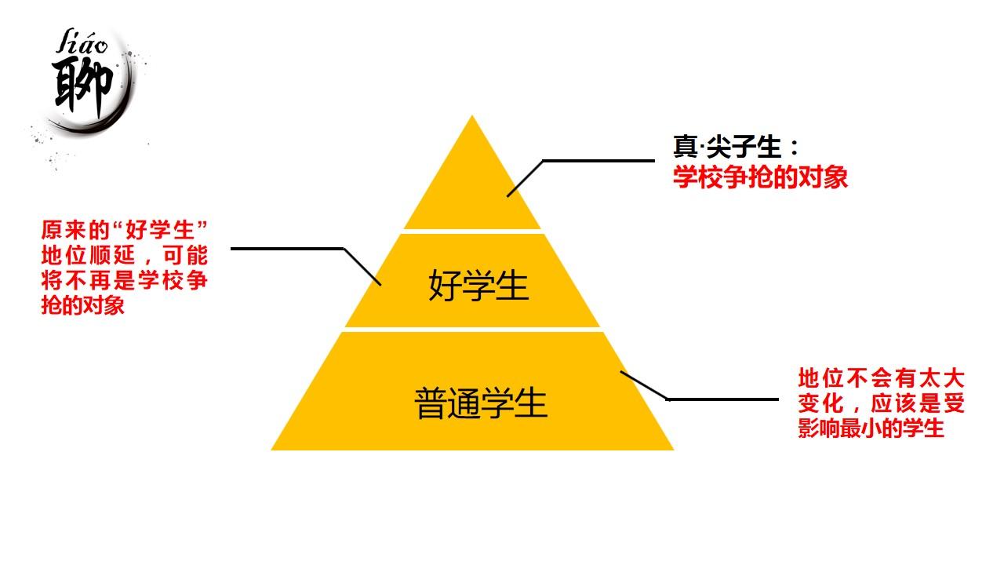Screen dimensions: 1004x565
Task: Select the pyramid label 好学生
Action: click(x=478, y=285)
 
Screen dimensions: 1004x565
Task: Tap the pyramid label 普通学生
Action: click(x=481, y=404)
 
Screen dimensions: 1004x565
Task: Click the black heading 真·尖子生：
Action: click(x=736, y=148)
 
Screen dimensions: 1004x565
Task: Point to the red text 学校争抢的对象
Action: click(x=760, y=177)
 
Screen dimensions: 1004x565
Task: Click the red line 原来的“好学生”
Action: click(x=124, y=230)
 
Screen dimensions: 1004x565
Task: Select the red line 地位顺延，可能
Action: click(x=124, y=255)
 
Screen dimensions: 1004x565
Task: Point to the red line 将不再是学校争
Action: click(x=124, y=280)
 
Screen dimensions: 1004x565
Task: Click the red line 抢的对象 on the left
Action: click(x=83, y=305)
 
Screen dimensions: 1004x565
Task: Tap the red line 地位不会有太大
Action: click(x=881, y=378)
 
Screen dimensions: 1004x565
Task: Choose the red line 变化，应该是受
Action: click(x=881, y=403)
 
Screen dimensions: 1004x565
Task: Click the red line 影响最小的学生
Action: click(x=871, y=428)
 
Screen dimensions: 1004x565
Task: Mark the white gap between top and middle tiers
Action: click(x=473, y=231)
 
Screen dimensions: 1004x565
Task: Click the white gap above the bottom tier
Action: click(x=473, y=329)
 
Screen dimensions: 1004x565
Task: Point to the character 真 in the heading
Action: click(x=684, y=148)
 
